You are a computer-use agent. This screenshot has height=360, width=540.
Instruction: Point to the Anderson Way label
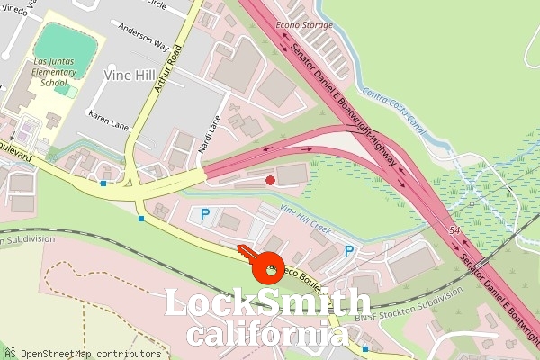[x=143, y=43]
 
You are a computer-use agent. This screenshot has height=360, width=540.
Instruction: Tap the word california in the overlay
[x=267, y=335]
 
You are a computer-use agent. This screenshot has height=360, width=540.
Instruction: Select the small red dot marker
[x=271, y=181]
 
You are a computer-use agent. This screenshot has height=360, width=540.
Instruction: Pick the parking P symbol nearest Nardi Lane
[x=205, y=215]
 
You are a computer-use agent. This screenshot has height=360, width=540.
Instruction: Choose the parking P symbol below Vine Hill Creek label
[x=349, y=251]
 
